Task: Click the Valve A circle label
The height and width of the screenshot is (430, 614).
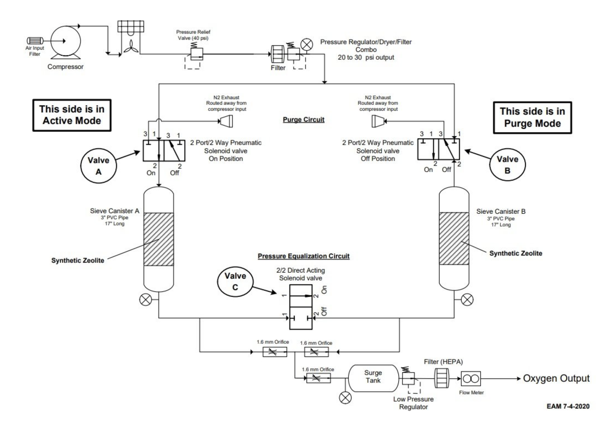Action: point(98,166)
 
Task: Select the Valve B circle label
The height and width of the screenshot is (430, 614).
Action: point(508,165)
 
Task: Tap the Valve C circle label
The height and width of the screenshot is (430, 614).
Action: point(235,281)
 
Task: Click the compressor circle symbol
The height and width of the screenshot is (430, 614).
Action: point(65,41)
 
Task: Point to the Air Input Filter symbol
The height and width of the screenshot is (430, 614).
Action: point(35,41)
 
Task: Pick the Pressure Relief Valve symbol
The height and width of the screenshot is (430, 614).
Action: point(197,54)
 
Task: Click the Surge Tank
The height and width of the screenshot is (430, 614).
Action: point(373,377)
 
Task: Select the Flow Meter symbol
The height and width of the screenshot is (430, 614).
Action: point(471,379)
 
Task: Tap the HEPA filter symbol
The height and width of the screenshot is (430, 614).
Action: point(441,378)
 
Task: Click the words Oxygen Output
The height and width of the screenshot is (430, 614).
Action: point(556,378)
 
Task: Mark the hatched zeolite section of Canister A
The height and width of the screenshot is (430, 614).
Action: point(158,239)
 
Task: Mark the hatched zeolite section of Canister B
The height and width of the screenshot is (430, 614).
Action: point(454,238)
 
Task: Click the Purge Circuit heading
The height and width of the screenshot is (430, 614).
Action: point(303,120)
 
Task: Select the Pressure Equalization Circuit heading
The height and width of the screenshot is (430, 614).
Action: point(303,256)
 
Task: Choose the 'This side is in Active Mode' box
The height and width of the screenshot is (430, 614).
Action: point(72,115)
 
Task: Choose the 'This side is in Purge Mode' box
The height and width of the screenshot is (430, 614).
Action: point(532,118)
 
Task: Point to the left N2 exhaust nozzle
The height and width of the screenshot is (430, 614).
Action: point(226,121)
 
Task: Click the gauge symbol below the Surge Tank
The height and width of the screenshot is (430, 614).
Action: point(346,398)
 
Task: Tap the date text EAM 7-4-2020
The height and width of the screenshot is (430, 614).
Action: point(568,406)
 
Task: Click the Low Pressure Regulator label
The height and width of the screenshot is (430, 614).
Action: point(413,403)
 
